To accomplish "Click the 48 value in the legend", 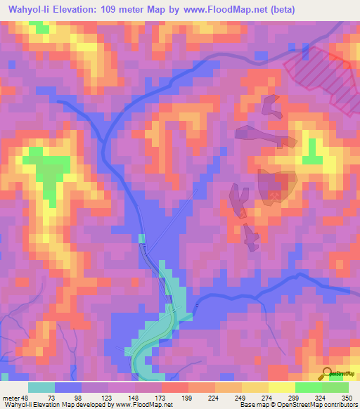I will [27, 398].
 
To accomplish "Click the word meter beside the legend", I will [11, 398].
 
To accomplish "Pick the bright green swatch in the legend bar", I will [308, 387].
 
